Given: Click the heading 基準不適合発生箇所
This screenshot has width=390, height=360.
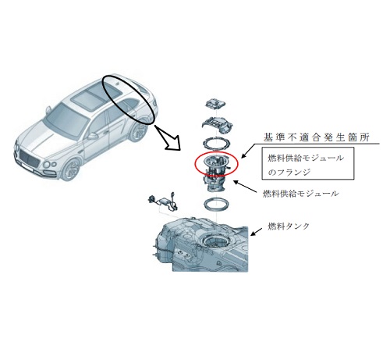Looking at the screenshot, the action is (x=316, y=137).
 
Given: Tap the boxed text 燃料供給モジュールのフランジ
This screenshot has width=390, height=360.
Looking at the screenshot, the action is (x=306, y=165).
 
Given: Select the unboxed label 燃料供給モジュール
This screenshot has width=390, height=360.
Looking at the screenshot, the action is (x=301, y=194).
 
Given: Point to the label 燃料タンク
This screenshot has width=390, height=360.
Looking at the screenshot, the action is (x=289, y=226).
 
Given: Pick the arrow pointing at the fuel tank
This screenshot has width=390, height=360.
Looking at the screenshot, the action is (x=256, y=232).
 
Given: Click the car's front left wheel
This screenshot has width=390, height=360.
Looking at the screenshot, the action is (x=70, y=169).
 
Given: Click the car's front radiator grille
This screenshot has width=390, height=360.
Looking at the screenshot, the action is (x=30, y=159).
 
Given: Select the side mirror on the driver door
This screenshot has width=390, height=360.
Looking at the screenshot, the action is (x=92, y=136).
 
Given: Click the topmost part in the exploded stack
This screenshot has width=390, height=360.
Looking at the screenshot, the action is (x=215, y=104).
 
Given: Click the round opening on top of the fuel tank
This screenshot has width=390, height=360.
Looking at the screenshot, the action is (x=215, y=241).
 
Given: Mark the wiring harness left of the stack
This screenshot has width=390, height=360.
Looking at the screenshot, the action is (x=163, y=201).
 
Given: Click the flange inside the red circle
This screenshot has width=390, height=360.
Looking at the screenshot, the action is (x=216, y=162).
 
